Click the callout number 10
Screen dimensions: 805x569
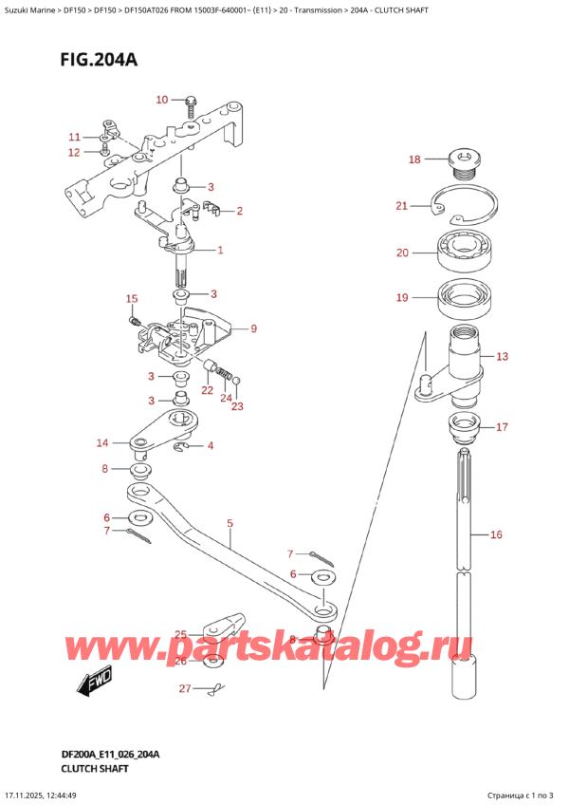(x=161, y=100)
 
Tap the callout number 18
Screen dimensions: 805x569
(x=414, y=159)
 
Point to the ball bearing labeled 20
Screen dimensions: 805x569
(x=464, y=253)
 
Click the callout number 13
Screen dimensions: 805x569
(x=503, y=357)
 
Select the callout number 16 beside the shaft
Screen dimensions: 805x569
(x=495, y=535)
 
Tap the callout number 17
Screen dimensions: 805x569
(x=503, y=426)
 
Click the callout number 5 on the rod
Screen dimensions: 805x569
(x=229, y=523)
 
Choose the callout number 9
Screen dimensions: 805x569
(x=254, y=329)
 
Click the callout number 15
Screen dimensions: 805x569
(x=132, y=299)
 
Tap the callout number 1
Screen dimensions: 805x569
(x=220, y=251)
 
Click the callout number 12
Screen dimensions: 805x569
(x=74, y=152)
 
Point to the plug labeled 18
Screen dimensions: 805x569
(x=464, y=163)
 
